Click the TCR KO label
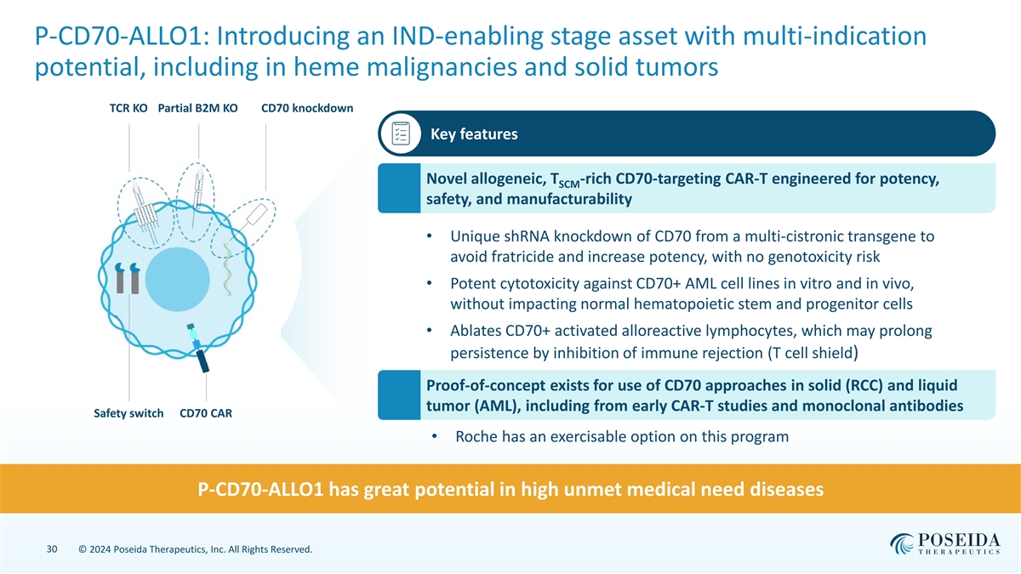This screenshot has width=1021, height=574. (128, 108)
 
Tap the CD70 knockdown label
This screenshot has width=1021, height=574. (307, 108)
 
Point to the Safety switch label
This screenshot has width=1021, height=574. (128, 414)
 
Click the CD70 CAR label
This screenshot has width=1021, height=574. (206, 414)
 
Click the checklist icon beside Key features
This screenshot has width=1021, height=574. (401, 134)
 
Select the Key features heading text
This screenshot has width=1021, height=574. (474, 134)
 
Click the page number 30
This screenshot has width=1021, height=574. (52, 550)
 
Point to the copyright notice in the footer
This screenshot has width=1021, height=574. (195, 551)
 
